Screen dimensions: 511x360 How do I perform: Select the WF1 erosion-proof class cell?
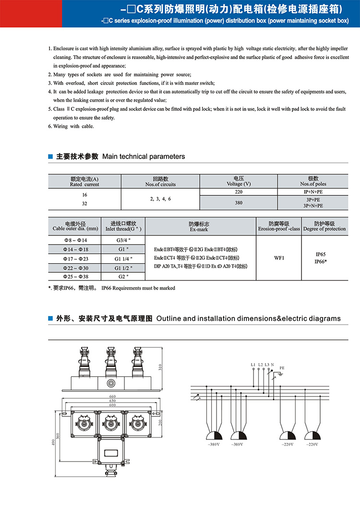pyautogui.click(x=279, y=258)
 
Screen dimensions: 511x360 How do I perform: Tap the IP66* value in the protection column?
pyautogui.click(x=321, y=262)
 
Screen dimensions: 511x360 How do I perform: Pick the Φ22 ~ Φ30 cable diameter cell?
pyautogui.click(x=76, y=268)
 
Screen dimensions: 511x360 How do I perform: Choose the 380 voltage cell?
pyautogui.click(x=238, y=203)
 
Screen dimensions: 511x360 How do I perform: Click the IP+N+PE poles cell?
pyautogui.click(x=313, y=192)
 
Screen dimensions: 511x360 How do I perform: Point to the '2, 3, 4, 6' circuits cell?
pyautogui.click(x=160, y=198)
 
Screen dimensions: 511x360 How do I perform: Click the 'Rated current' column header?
pyautogui.click(x=84, y=184)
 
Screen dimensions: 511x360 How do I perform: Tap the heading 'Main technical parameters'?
pyautogui.click(x=144, y=157)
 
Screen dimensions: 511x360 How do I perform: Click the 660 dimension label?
pyautogui.click(x=112, y=396)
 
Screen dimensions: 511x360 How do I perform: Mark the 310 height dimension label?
pyautogui.click(x=160, y=367)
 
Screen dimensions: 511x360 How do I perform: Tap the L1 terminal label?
pyautogui.click(x=253, y=365)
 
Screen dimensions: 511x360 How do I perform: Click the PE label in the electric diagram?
pyautogui.click(x=282, y=367)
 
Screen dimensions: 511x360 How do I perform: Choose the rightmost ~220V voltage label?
pyautogui.click(x=313, y=445)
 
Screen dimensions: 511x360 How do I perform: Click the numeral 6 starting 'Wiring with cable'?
pyautogui.click(x=50, y=126)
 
